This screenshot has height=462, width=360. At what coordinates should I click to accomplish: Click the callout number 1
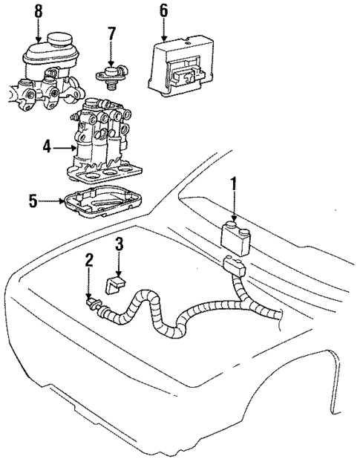[234, 182]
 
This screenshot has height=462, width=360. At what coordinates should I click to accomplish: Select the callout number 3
[118, 243]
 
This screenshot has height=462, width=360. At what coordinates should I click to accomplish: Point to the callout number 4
[46, 147]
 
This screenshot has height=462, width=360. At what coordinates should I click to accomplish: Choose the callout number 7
[111, 33]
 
